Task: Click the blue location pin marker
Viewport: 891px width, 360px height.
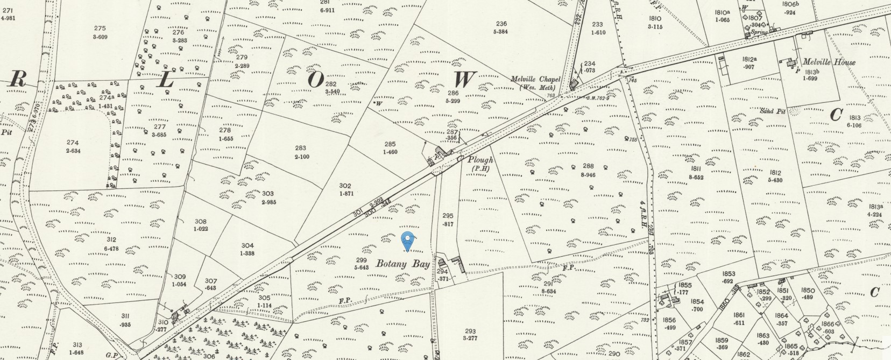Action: (x=408, y=241)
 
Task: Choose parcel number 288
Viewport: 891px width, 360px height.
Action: (x=588, y=166)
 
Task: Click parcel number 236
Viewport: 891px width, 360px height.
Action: (x=501, y=23)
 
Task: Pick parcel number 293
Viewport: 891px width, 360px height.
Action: (x=471, y=331)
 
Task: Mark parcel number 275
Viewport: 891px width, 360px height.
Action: (x=100, y=29)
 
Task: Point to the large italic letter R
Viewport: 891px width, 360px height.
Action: (x=18, y=80)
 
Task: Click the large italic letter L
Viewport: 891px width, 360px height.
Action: (x=166, y=80)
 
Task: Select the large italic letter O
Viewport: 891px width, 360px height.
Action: (x=316, y=79)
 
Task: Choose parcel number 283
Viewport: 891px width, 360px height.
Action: (x=300, y=148)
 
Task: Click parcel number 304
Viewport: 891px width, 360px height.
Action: (x=247, y=245)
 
